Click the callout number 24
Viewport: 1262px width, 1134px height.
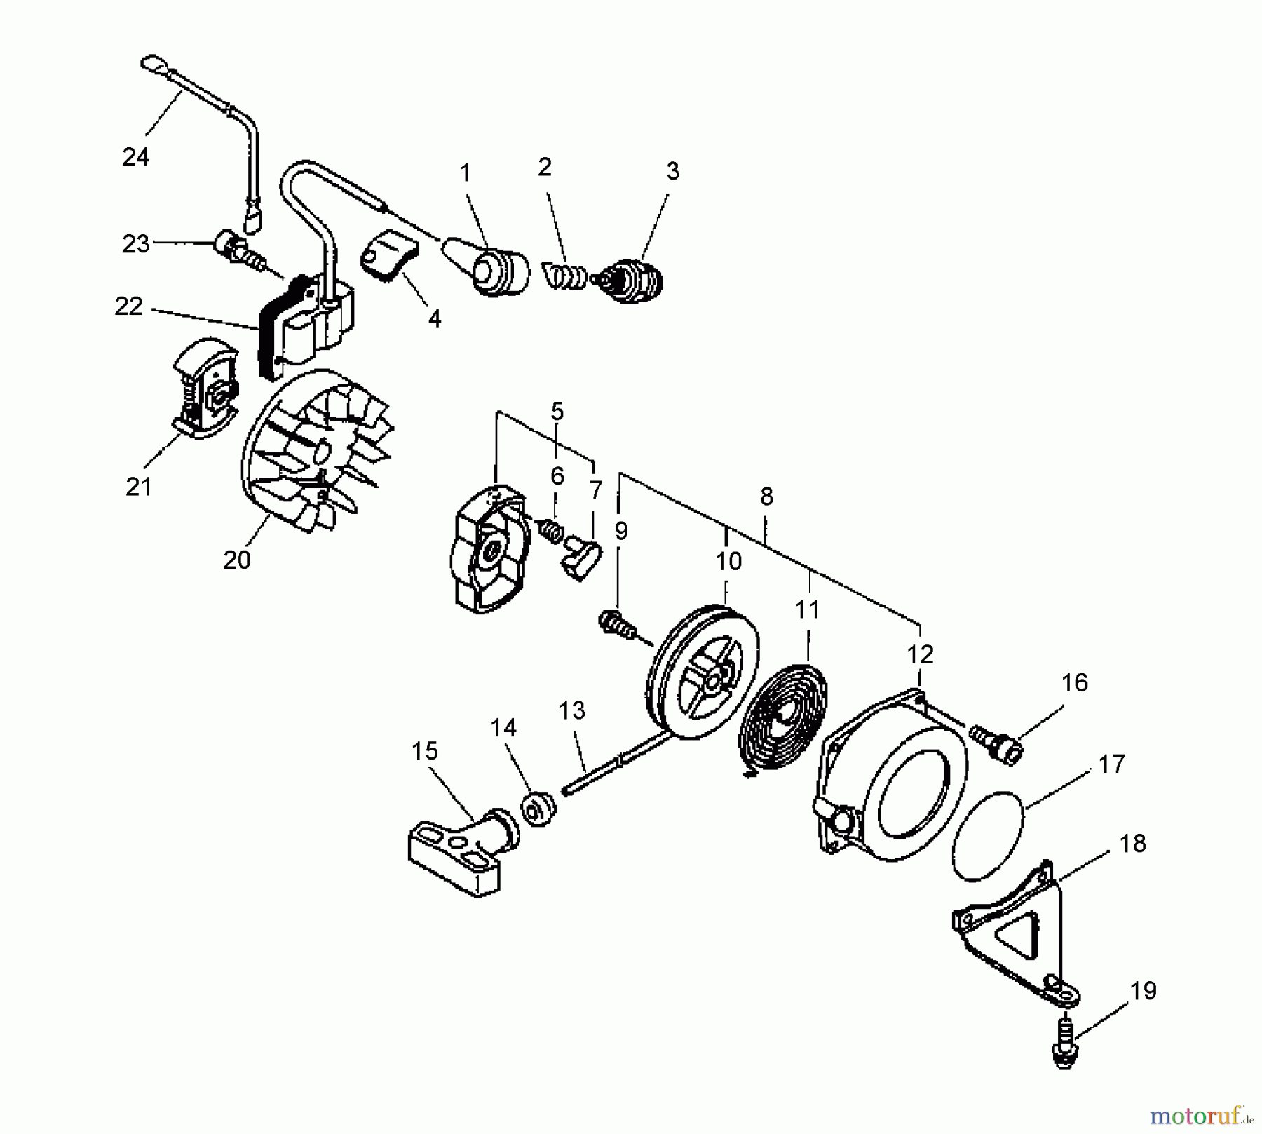point(135,157)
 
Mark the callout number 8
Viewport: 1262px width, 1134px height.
point(766,497)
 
